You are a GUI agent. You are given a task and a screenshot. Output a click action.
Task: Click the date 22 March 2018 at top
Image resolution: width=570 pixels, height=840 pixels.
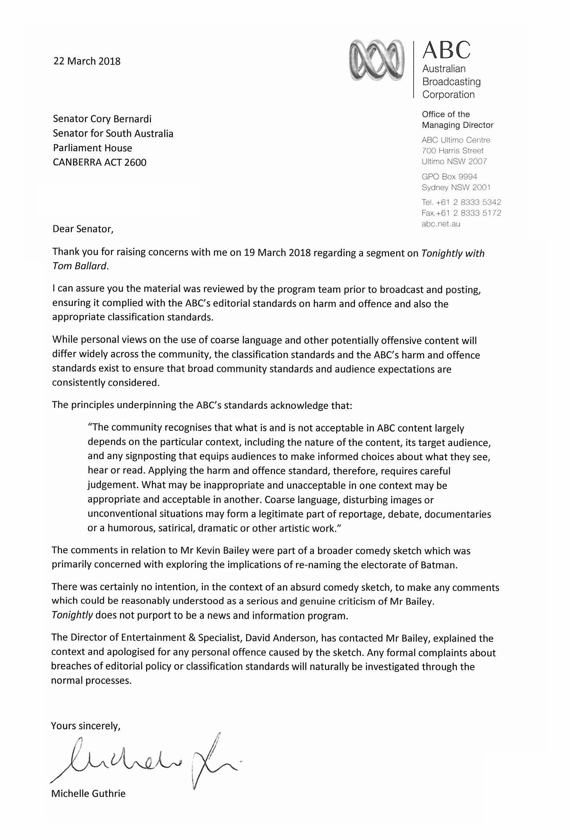87,61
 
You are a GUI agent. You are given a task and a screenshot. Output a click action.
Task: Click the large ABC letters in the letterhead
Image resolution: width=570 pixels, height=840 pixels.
446,50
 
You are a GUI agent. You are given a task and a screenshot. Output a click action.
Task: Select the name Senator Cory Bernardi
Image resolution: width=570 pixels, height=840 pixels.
102,119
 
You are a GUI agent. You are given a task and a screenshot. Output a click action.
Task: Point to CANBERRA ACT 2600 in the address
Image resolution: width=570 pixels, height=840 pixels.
100,162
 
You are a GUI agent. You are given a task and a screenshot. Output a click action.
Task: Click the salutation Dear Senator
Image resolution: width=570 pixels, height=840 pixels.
83,229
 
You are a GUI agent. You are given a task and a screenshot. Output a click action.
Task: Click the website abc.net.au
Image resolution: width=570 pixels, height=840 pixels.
441,224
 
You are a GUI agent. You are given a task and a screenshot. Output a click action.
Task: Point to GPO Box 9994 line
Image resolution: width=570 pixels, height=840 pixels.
449,177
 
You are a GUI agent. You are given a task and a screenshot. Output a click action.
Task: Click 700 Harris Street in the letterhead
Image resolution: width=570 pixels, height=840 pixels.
453,151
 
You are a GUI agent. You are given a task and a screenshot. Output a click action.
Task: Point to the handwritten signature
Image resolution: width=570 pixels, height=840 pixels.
145,759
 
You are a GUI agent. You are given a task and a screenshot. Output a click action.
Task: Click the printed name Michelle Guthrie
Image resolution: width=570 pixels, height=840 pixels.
88,793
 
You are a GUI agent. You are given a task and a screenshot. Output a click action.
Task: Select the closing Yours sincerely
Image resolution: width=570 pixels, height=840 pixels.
85,726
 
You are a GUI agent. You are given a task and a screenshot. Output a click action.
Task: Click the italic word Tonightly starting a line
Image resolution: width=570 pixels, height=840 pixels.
72,616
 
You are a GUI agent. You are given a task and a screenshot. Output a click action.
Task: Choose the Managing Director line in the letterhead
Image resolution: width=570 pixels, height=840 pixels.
457,125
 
